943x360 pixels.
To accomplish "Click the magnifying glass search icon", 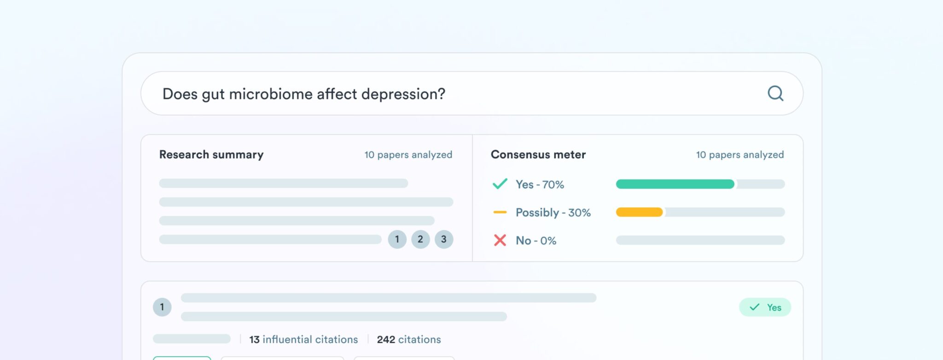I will click(x=775, y=93).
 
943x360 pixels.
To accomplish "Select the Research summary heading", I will click(x=211, y=155).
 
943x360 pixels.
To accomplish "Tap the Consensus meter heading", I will click(x=538, y=155).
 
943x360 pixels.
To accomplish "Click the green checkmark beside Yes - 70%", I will click(x=500, y=184).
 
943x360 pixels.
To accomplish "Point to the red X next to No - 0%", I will click(x=500, y=240).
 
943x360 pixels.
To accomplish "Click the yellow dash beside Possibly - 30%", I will click(x=500, y=212).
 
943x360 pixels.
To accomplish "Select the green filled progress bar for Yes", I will click(x=675, y=184).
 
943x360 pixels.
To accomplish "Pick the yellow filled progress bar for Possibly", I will click(x=639, y=212).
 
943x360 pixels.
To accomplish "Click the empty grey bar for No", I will click(x=700, y=240).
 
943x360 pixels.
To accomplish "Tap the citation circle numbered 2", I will click(x=420, y=239).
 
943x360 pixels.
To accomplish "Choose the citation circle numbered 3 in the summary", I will click(x=444, y=239).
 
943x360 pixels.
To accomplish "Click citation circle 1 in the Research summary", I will click(x=397, y=239).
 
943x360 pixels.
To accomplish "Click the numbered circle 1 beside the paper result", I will click(x=162, y=307).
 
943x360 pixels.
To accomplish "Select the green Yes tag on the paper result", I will click(x=765, y=308).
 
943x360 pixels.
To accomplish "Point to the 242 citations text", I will click(x=409, y=340).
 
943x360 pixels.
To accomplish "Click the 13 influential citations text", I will click(x=303, y=340).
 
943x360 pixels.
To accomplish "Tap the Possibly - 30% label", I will click(x=553, y=213).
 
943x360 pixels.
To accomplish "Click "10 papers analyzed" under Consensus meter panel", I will click(x=739, y=155).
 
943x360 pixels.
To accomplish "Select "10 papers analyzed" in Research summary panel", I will click(x=408, y=155).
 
